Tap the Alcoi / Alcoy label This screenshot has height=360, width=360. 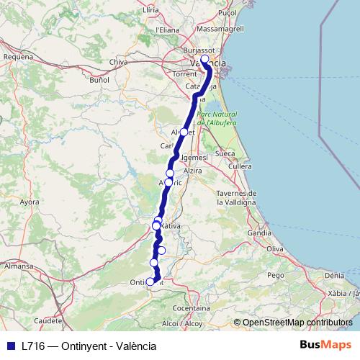pyautogui.click(x=181, y=324)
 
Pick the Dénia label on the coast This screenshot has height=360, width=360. pyautogui.click(x=334, y=275)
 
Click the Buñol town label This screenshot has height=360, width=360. pyautogui.click(x=99, y=80)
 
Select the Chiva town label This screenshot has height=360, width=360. pyautogui.click(x=118, y=63)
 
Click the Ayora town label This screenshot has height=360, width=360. pyautogui.click(x=29, y=202)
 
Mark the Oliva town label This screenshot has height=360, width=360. pyautogui.click(x=275, y=248)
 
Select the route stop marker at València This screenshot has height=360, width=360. pyautogui.click(x=204, y=59)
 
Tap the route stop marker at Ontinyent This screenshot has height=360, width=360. pyautogui.click(x=150, y=282)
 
